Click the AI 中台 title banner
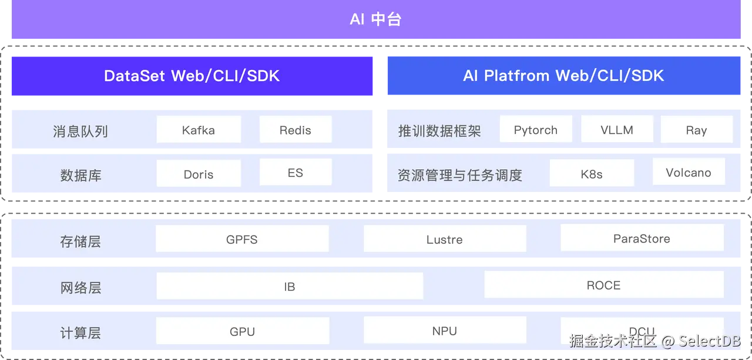tap(375, 19)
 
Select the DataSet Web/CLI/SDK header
tap(192, 76)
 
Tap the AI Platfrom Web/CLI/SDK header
tap(563, 76)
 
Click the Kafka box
tap(199, 130)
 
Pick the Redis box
tap(296, 130)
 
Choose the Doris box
tap(199, 174)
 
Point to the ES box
tap(296, 173)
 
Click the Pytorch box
tap(536, 129)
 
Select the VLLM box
tap(617, 129)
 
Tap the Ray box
tap(697, 130)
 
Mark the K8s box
tap(592, 174)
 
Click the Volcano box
tap(689, 172)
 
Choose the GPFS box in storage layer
tap(242, 239)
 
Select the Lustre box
tap(445, 239)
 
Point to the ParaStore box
tap(642, 238)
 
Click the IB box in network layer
tap(290, 286)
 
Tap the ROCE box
tap(604, 285)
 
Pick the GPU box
tap(242, 331)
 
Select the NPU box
tap(445, 331)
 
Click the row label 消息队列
tap(80, 131)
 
